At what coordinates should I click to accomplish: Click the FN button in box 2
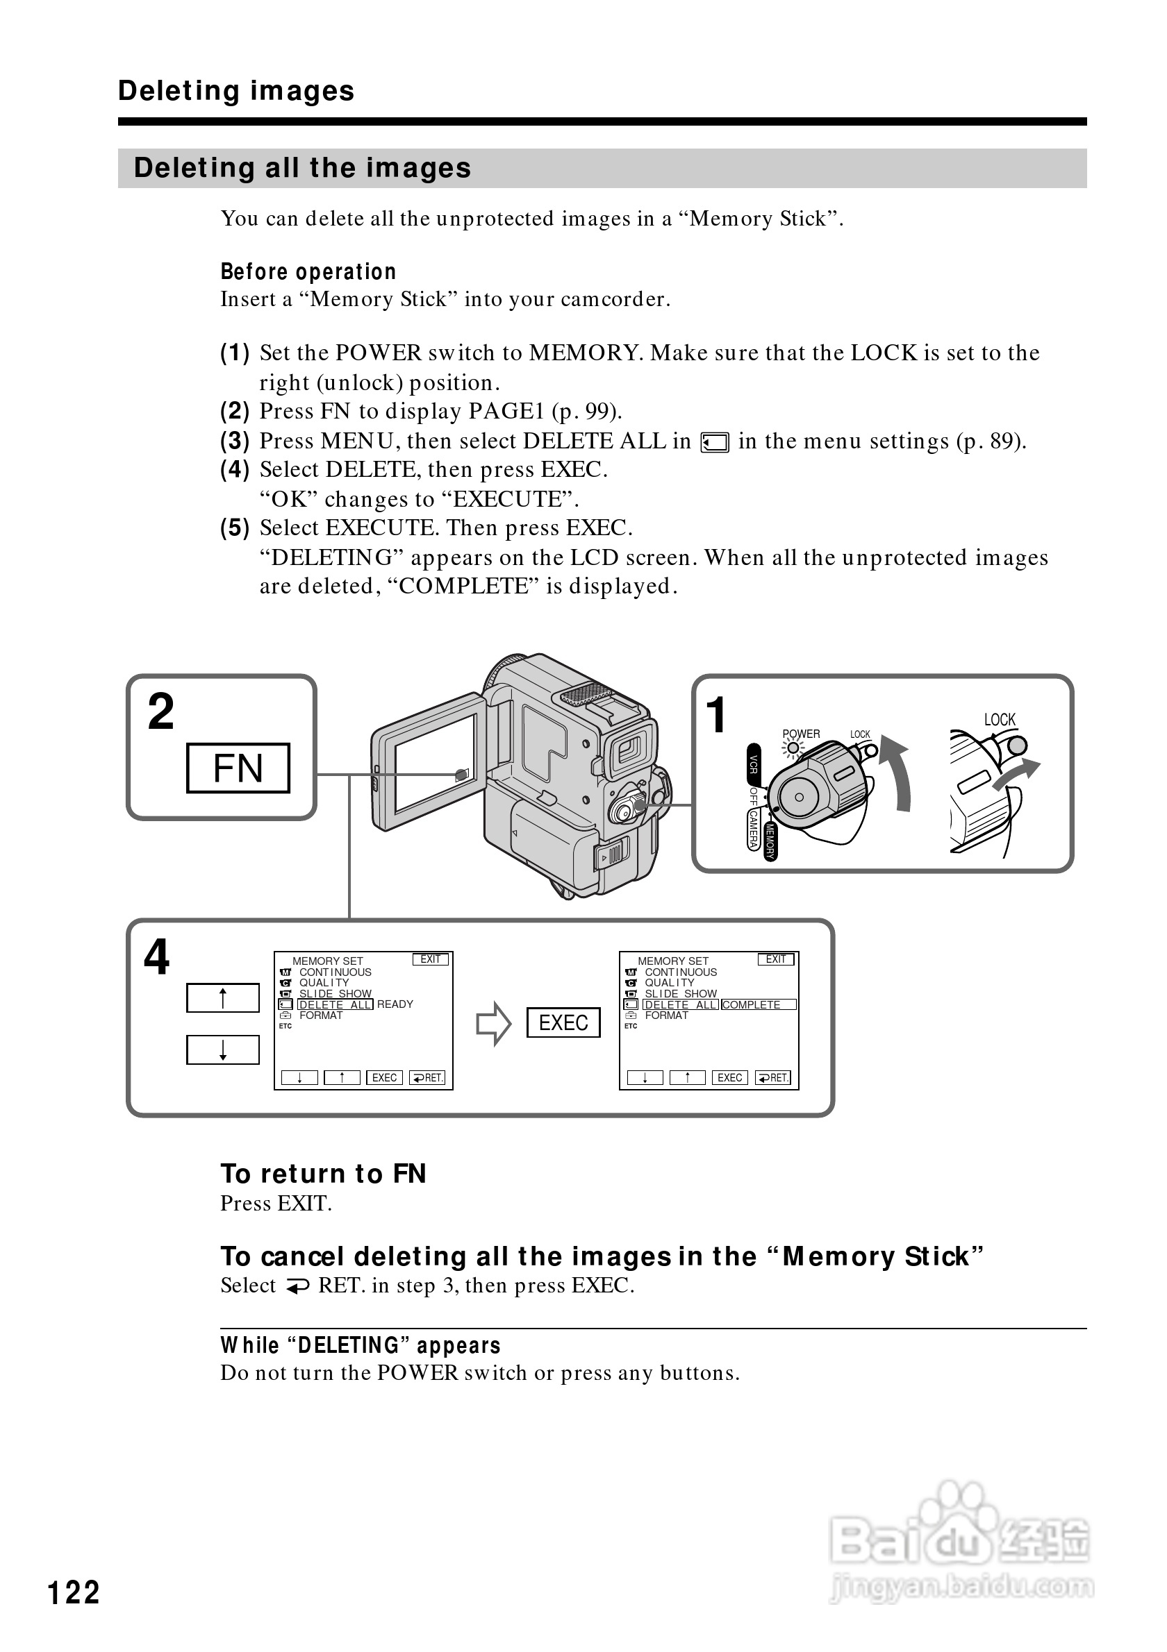coord(238,768)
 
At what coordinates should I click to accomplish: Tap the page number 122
coord(74,1592)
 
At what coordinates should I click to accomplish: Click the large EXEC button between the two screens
coord(563,1022)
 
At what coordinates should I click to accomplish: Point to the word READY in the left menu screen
coord(395,1004)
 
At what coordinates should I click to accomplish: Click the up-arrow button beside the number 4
coord(222,998)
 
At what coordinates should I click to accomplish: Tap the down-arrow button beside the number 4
coord(222,1050)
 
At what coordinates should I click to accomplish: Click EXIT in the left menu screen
coord(431,959)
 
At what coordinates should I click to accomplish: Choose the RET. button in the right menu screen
coord(773,1077)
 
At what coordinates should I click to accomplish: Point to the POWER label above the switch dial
coord(800,734)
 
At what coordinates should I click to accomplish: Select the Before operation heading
coord(308,271)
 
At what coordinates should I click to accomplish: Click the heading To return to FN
coord(323,1174)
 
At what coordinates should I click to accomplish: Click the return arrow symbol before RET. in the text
coord(297,1286)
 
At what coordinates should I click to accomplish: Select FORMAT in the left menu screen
coord(320,1015)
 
